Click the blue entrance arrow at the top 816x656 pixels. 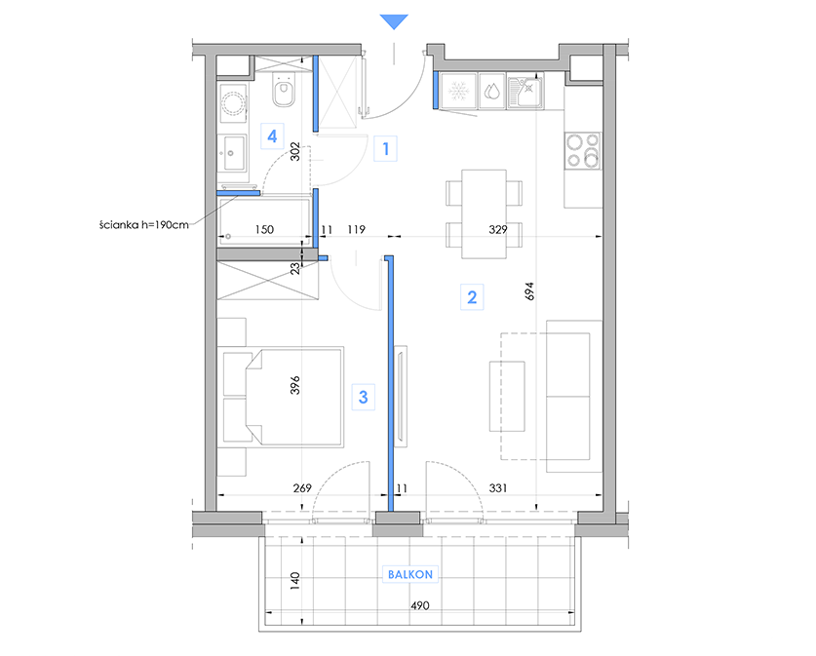pos(394,21)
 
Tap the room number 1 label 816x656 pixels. pos(386,149)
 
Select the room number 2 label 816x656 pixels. pos(472,297)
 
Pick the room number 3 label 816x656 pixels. pos(364,397)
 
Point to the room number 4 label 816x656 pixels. pos(272,136)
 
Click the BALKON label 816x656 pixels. pos(410,574)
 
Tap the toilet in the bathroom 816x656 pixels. pos(284,90)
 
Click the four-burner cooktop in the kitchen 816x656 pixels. pos(583,151)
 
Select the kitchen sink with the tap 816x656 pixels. pos(525,93)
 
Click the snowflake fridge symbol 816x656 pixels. pos(458,91)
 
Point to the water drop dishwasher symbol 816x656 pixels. pos(491,92)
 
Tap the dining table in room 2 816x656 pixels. pos(484,213)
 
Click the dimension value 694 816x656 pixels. pos(529,291)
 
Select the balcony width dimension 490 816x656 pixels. pos(420,605)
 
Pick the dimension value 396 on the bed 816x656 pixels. pos(295,385)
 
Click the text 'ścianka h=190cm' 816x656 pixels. pos(144,225)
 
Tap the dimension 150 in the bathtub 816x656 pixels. pos(264,229)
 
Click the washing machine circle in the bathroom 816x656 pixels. pos(233,103)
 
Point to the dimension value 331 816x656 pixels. pos(498,488)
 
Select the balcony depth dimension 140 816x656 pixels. pos(295,581)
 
